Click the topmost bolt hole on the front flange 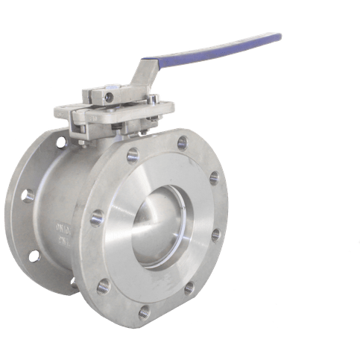[x=182, y=139]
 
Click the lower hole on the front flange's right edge [x=215, y=236]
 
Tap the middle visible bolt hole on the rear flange [x=28, y=196]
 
